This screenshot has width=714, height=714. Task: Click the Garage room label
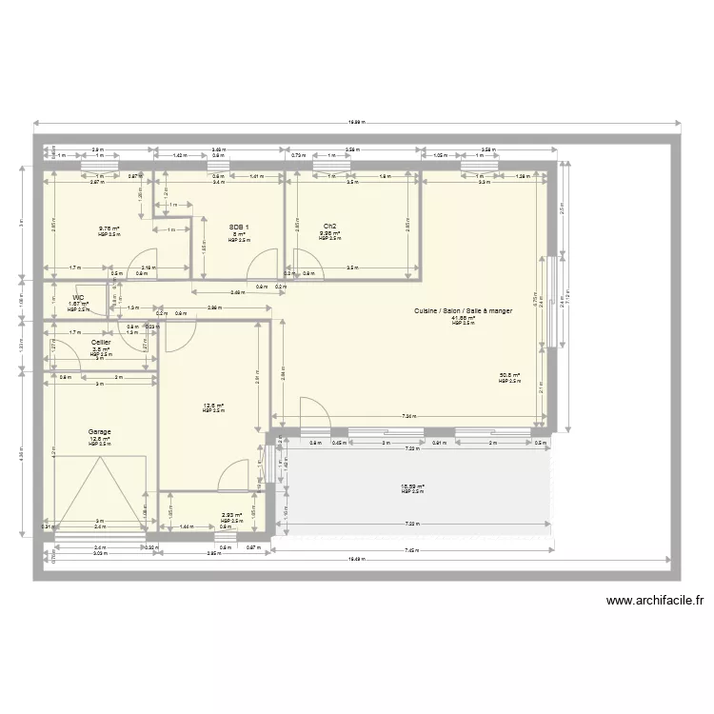pos(100,431)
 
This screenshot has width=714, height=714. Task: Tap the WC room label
pos(78,297)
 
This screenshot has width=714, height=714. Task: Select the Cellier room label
pos(101,342)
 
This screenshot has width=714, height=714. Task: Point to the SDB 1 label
pos(238,227)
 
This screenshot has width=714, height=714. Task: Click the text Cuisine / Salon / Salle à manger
pos(463,311)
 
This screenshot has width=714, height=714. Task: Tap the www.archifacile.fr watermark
pos(654,601)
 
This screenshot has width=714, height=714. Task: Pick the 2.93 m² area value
pos(232,515)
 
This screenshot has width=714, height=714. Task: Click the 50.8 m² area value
pos(509,375)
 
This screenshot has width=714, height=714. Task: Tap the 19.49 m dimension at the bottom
pos(356,560)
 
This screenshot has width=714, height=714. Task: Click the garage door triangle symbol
pos(100,486)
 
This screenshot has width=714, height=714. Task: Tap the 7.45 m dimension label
pos(411,552)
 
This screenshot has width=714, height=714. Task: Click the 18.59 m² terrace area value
pos(411,486)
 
